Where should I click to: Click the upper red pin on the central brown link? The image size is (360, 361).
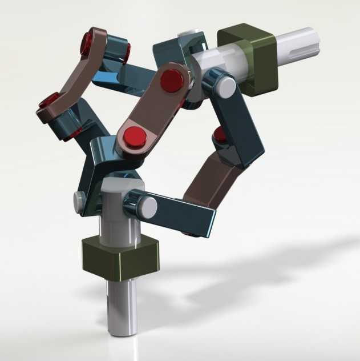[x=172, y=80]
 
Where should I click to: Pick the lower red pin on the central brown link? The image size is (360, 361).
[x=135, y=137]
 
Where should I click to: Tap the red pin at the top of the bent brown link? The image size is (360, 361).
[x=90, y=42]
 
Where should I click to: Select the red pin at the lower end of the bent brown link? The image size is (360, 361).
[x=48, y=103]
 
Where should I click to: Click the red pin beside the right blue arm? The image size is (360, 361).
[x=219, y=134]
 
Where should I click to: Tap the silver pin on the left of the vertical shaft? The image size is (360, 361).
[x=79, y=200]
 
